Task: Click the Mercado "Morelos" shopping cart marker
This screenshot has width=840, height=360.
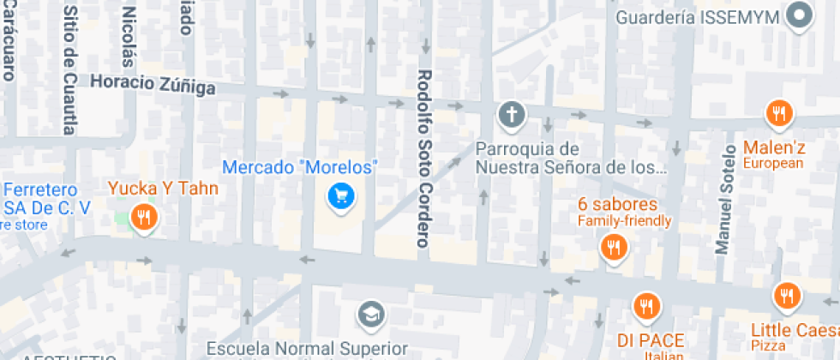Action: [x=341, y=197]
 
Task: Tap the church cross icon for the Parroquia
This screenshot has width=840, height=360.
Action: [x=512, y=114]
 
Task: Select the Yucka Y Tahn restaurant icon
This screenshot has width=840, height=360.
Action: [x=143, y=217]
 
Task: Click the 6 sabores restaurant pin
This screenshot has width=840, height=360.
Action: [x=614, y=249]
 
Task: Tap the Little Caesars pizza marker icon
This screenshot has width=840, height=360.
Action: [x=786, y=297]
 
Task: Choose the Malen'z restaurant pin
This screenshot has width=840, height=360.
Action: [x=779, y=112]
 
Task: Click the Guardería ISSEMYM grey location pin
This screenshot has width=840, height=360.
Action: [x=801, y=15]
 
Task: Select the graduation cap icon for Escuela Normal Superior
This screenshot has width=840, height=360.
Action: [x=369, y=315]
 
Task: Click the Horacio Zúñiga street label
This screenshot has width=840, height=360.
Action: [x=153, y=84]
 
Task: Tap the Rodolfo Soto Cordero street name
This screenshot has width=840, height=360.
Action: [x=423, y=159]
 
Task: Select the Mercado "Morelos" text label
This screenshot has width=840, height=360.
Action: [x=299, y=167]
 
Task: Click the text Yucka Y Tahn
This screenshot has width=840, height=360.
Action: [x=163, y=189]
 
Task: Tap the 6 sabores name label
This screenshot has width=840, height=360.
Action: [x=617, y=205]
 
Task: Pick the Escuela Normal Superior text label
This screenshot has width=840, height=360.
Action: [x=307, y=349]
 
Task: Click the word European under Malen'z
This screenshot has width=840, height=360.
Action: [x=773, y=163]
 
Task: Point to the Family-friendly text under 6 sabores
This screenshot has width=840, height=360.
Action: [x=624, y=221]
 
